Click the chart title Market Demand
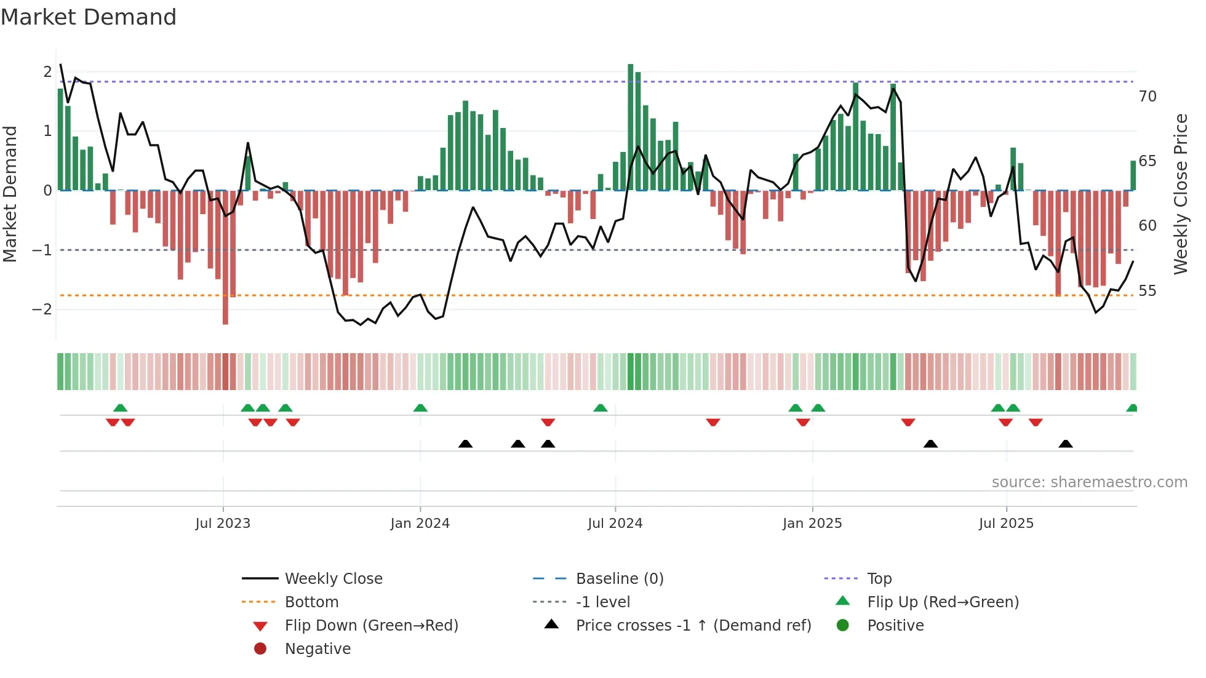[89, 17]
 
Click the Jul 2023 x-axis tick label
[223, 524]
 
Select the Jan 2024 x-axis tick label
[420, 524]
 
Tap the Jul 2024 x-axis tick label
[615, 524]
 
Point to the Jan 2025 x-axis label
[812, 524]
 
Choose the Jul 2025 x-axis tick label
[1006, 524]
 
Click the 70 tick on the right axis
[1148, 97]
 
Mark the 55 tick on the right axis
[1148, 290]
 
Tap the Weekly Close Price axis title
[1180, 194]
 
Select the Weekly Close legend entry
[333, 579]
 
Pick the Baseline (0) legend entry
[619, 579]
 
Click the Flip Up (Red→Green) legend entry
[943, 602]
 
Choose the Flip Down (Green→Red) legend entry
[371, 626]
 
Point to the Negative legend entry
[317, 649]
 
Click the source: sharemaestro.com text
[1089, 482]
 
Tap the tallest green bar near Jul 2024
[631, 127]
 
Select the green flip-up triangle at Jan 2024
[420, 408]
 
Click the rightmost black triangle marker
[1066, 444]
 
